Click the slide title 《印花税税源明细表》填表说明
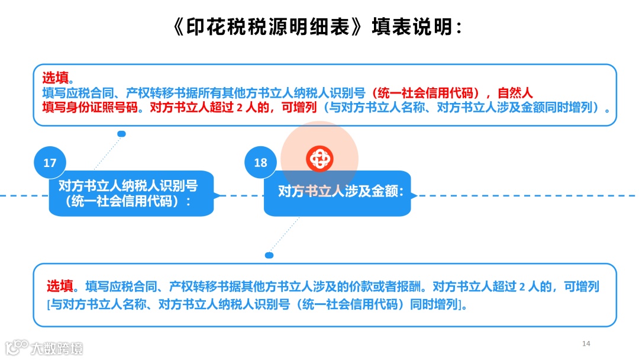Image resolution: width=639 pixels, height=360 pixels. [319, 27]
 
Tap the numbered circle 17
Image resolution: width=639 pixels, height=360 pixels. [50, 162]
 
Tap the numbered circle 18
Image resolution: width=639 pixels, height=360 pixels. [260, 162]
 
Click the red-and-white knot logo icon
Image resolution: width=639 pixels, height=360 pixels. [320, 159]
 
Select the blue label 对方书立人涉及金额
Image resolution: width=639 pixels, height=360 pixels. [340, 191]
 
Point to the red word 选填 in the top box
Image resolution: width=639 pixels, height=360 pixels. [55, 78]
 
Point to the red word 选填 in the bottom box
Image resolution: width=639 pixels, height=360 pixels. [60, 287]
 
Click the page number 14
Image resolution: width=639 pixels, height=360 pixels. [586, 343]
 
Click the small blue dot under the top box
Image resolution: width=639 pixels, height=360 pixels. [121, 134]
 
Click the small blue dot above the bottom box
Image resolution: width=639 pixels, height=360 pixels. [269, 255]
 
